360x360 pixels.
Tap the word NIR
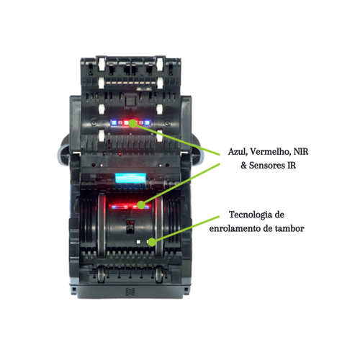pos(301,152)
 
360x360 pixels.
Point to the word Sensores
pos(265,166)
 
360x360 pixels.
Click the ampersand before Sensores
pos(243,166)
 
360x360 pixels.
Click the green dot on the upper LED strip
pos(132,123)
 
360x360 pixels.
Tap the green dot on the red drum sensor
pos(141,204)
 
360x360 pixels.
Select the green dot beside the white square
pos(151,242)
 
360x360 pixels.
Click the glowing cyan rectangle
pos(130,179)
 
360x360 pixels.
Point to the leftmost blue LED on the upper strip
pos(114,123)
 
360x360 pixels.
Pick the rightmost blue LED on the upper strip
pos(147,123)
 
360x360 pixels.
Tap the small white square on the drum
pos(138,242)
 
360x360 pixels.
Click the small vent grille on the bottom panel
pos(130,292)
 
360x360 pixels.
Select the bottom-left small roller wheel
pos(102,275)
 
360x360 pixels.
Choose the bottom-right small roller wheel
pos(159,275)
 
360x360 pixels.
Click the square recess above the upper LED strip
pos(130,101)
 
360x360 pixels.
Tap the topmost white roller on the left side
pos(102,64)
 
